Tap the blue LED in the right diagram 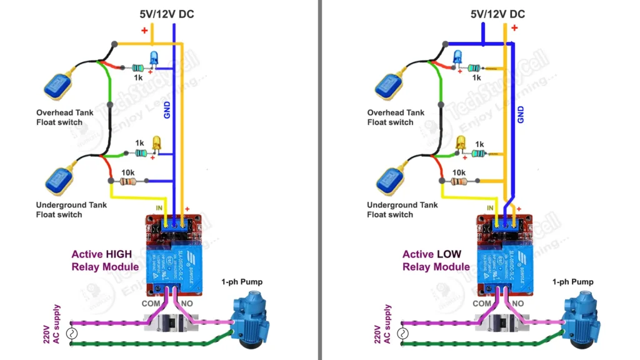[x=458, y=57]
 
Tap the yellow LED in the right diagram [x=462, y=143]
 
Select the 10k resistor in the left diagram [x=128, y=182]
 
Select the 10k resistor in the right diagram [x=459, y=182]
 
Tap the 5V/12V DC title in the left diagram [x=166, y=14]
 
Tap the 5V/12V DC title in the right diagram [x=497, y=14]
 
